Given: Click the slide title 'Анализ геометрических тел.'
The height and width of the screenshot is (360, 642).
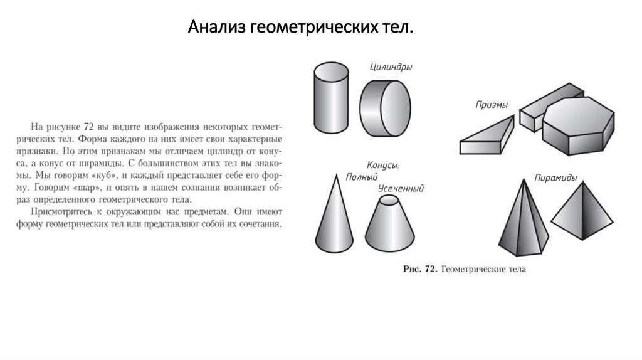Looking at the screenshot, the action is point(300,28).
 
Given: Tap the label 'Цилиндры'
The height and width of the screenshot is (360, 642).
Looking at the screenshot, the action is point(391,67).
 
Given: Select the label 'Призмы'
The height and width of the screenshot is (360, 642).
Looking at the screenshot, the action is point(491,105).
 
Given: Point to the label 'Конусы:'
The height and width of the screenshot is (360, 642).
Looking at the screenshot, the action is point(382,166).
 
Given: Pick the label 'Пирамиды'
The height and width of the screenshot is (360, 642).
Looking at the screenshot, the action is point(555,178).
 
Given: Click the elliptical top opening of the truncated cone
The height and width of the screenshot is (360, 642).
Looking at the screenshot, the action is point(390,200).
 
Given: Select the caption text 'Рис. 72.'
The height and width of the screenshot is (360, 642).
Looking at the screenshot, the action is point(419,270).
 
